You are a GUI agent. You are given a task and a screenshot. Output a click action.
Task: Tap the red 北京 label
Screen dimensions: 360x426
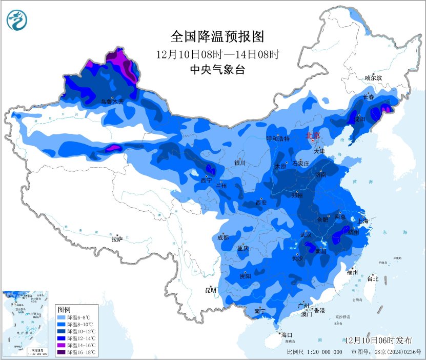(x=313, y=135)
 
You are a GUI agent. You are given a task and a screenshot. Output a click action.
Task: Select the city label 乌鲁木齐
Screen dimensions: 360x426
(x=112, y=102)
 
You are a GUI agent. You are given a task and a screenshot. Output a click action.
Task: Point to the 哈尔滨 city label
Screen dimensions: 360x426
(x=373, y=78)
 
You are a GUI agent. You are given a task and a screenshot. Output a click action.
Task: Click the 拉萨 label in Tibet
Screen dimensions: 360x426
(x=117, y=238)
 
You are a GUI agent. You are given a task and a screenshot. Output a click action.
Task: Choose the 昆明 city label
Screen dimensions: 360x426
(x=211, y=290)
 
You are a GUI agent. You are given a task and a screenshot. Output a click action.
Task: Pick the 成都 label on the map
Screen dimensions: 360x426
(x=222, y=237)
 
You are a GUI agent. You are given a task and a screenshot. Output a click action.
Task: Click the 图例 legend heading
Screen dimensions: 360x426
(x=64, y=310)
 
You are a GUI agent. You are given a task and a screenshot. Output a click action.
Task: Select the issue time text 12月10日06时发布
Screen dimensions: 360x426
(x=378, y=341)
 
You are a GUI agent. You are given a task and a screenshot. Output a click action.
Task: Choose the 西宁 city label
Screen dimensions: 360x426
(x=206, y=180)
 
